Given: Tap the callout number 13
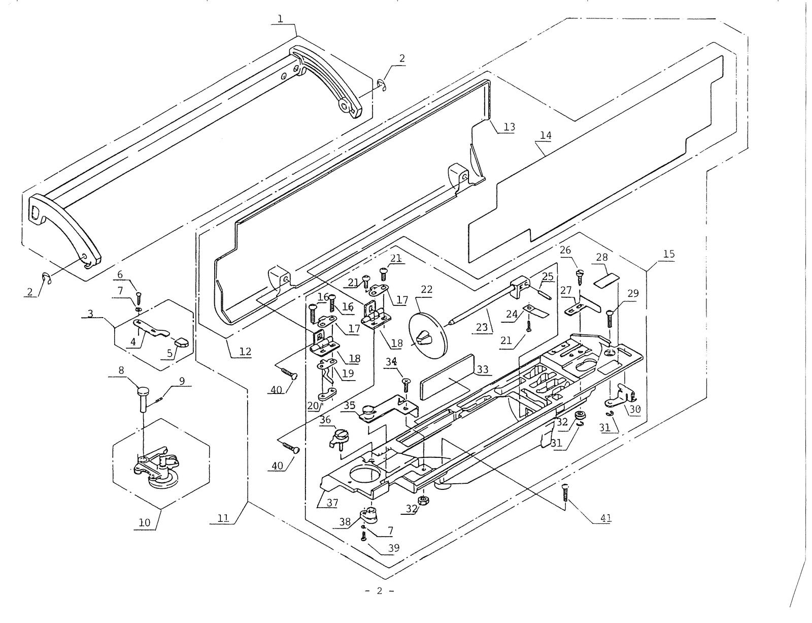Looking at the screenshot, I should (x=509, y=127).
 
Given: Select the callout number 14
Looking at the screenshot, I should (x=546, y=136).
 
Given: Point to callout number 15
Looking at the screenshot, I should (x=669, y=254).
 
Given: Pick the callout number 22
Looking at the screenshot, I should (x=426, y=289).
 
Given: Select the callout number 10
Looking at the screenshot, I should (x=145, y=522).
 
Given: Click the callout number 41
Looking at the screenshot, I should (x=605, y=518).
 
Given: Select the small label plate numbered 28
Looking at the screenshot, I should (x=607, y=279).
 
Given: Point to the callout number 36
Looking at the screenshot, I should (x=325, y=420).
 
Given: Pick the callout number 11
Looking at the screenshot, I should (x=223, y=518).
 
